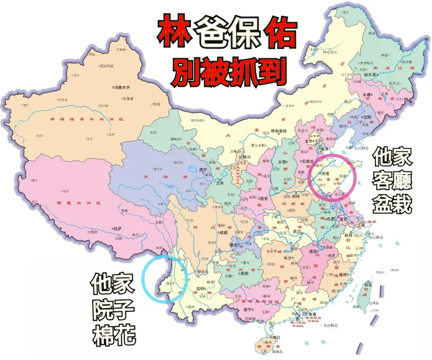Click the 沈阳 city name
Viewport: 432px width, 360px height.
(x=367, y=116)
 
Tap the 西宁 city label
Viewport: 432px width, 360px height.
(x=203, y=170)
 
